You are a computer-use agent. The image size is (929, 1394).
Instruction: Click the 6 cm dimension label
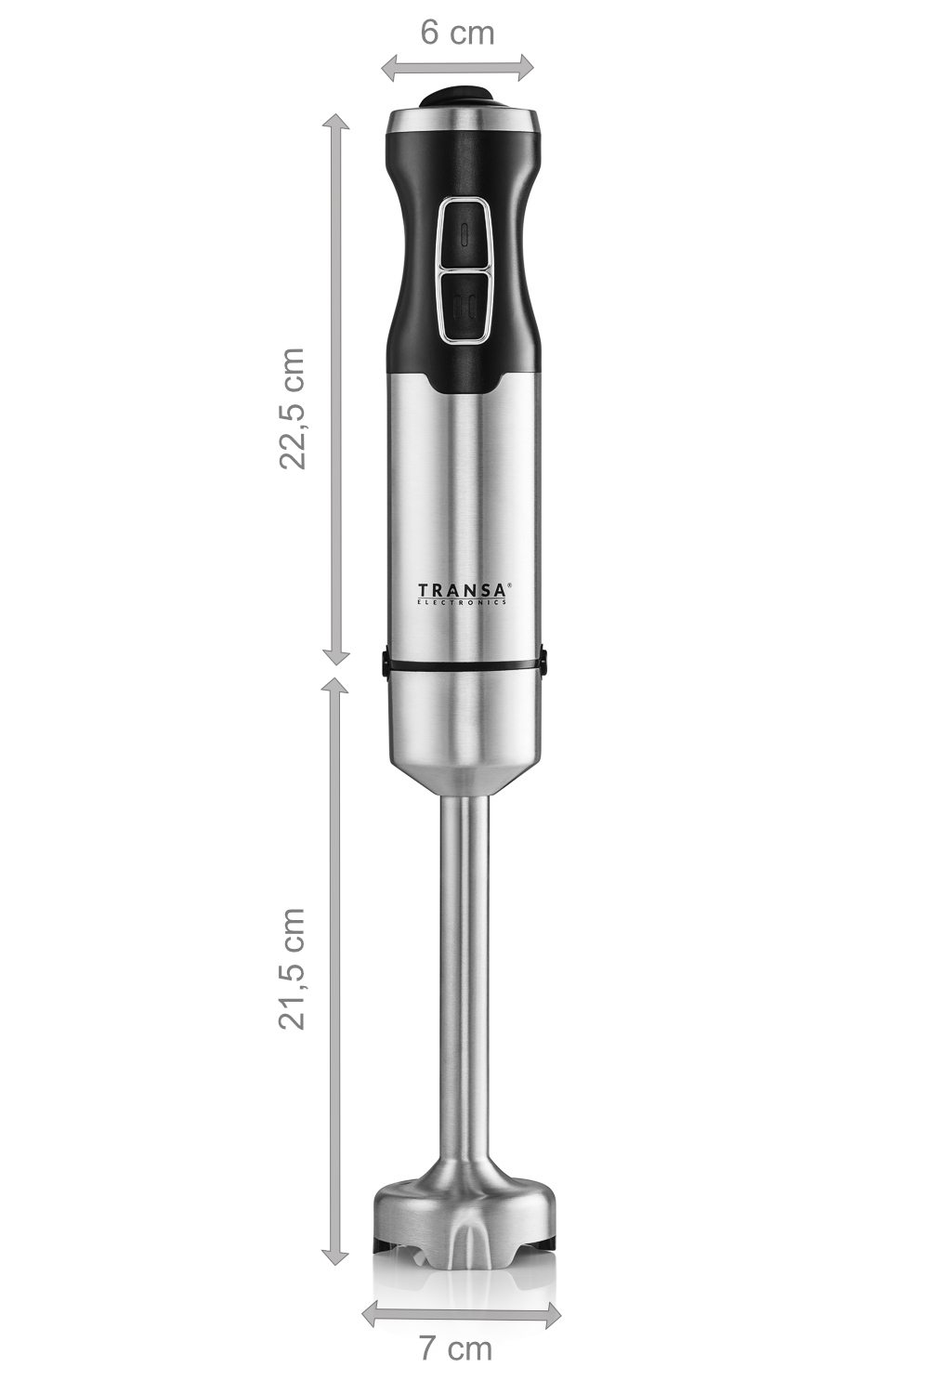457,33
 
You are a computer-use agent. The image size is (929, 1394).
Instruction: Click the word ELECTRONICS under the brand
461,602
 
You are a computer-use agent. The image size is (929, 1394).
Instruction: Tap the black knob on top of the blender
456,97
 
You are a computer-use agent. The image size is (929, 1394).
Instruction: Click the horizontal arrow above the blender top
457,68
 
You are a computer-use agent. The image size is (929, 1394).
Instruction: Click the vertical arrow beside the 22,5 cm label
335,389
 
